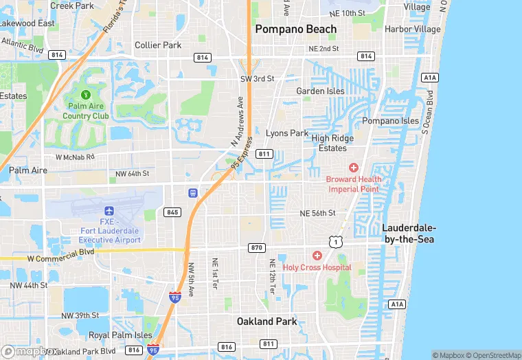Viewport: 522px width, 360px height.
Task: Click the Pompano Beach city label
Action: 296,29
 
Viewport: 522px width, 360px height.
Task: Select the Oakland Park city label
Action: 266,321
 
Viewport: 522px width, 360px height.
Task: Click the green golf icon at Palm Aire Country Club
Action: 86,94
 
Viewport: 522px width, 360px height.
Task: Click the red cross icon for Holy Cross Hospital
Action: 317,256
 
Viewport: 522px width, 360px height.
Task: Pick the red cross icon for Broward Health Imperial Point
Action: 354,168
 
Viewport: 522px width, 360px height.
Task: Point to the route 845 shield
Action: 172,212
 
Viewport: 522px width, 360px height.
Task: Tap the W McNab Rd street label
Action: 76,157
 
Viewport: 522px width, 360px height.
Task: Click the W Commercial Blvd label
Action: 60,258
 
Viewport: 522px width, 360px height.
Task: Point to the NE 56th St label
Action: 317,214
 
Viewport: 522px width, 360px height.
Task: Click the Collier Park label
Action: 158,45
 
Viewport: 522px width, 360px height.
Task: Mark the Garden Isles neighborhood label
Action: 319,91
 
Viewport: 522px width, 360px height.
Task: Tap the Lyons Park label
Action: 287,133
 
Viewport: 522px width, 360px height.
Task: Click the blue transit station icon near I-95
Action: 194,192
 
